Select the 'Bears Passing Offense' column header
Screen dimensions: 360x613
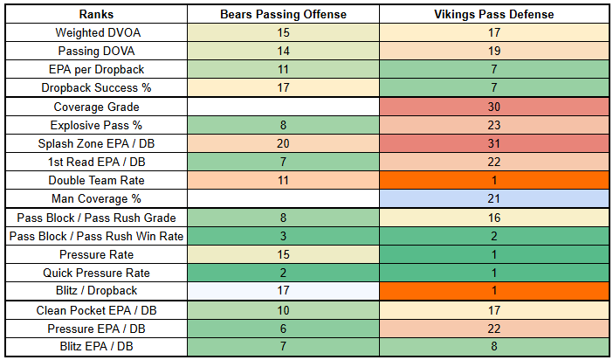pos(283,14)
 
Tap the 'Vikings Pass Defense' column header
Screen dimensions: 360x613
pos(494,14)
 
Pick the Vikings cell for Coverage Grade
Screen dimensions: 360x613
pos(494,107)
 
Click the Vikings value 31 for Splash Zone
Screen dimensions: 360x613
pos(494,143)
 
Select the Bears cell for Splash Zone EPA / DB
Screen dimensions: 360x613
pos(283,143)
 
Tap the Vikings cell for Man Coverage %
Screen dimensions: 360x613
pos(494,199)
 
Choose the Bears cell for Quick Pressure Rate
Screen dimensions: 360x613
pos(283,273)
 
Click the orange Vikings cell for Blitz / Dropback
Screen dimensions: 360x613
pos(494,291)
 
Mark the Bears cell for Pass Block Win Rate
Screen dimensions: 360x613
pos(283,236)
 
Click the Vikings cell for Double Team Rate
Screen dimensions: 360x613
pos(494,181)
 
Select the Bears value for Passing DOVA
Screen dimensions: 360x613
pos(283,51)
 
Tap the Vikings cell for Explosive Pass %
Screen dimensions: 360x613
pos(494,125)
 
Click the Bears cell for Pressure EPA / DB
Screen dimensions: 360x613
pos(283,329)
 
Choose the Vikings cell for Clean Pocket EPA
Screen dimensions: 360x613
pos(494,310)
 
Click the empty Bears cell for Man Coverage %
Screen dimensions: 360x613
pos(283,199)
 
